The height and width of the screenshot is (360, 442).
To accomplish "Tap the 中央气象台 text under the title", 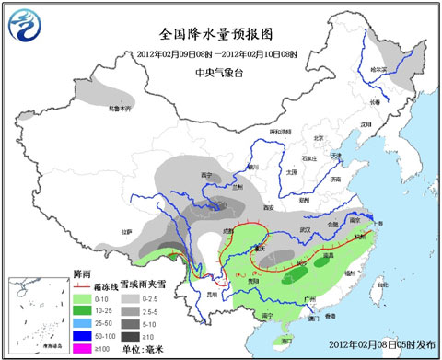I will point(221,66).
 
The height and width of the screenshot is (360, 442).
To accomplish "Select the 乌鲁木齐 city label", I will point(122,108).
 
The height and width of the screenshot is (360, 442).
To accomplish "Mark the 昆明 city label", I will point(215,294).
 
